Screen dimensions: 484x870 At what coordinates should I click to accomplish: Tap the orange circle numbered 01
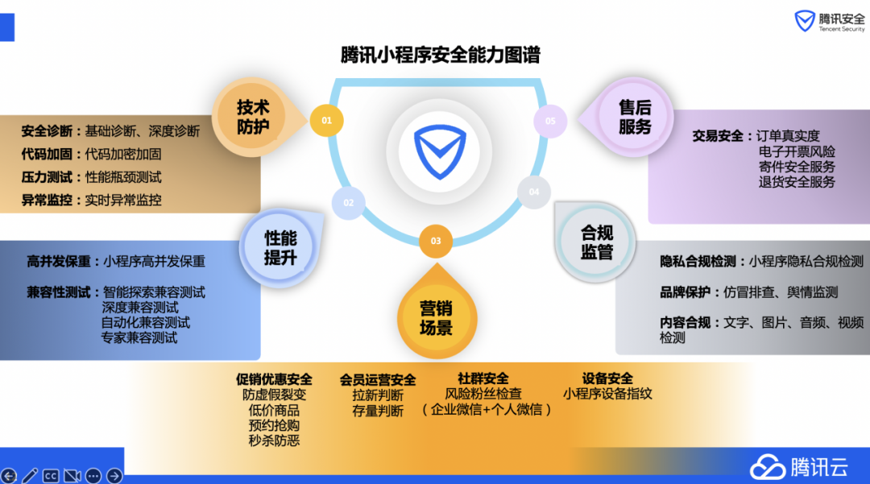[326, 121]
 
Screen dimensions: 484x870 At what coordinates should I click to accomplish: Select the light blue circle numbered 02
[348, 203]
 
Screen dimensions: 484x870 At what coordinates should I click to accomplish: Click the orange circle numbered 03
[436, 241]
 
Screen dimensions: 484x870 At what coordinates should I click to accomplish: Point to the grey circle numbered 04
[533, 192]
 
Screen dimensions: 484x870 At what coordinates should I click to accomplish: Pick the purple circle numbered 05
[550, 122]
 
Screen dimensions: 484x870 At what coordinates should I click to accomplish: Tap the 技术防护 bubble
[253, 117]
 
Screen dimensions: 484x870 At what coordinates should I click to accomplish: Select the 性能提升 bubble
[280, 247]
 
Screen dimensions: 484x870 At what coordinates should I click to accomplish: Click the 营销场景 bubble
[436, 317]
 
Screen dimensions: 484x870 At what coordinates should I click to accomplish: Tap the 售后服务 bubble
[635, 117]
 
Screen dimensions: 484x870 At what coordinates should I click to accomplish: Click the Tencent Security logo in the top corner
[830, 22]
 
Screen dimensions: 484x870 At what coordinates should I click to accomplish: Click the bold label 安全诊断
[47, 130]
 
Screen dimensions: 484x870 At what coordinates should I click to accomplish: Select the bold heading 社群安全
[483, 379]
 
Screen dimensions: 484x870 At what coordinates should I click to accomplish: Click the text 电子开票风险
[797, 151]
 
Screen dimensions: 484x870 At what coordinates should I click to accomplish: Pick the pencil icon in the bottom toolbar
[30, 475]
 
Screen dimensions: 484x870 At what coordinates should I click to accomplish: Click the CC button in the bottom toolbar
[51, 475]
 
